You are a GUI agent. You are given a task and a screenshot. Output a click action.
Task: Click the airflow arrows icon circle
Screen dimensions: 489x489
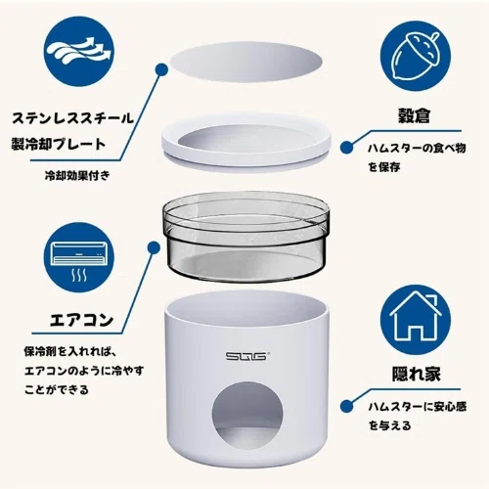[x=79, y=51]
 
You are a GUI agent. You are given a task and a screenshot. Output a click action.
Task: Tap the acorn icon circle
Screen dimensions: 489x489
[x=416, y=56]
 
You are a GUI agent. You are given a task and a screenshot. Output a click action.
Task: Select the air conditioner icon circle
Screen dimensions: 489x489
[x=79, y=257]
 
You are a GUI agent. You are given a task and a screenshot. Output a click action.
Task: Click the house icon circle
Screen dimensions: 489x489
[x=416, y=320]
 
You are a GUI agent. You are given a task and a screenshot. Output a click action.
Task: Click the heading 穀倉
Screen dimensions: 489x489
[x=414, y=115]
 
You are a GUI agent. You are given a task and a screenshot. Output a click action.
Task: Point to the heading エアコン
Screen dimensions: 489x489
[x=81, y=320]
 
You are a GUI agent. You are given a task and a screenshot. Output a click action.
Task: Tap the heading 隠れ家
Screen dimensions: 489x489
[x=416, y=374]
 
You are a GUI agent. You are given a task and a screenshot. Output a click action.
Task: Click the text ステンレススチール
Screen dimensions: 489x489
[x=72, y=118]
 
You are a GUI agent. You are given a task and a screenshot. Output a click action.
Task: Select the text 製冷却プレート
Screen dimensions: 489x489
[x=59, y=144]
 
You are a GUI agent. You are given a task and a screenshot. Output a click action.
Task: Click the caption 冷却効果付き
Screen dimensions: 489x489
[x=77, y=176]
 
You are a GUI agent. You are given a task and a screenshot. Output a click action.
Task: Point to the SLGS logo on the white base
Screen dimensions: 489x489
[x=246, y=356]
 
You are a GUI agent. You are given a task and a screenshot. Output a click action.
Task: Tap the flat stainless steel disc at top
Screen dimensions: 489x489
[x=246, y=62]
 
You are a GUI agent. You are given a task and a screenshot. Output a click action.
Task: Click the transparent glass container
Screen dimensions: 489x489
[x=246, y=238]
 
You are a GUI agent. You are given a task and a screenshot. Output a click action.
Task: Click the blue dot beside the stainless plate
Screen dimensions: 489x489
[x=161, y=69]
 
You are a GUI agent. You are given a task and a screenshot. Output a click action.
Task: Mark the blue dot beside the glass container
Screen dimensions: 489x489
[x=154, y=248]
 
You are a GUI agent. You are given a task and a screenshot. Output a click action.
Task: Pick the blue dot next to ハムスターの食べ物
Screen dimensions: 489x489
[x=347, y=148]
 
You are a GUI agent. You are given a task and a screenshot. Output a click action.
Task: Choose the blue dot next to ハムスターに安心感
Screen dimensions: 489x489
[x=347, y=406]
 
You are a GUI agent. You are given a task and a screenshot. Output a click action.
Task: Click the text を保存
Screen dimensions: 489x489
[x=384, y=167]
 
